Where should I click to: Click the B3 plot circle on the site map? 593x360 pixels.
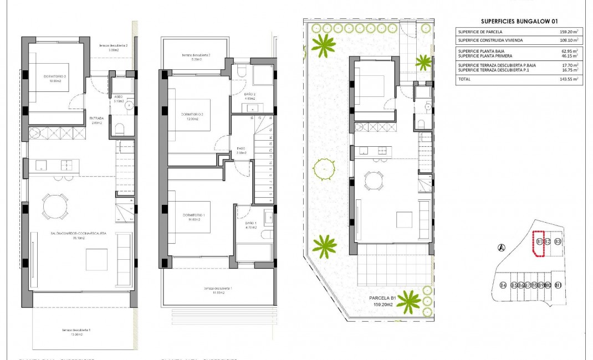[x=558, y=242]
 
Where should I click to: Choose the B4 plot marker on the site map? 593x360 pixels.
[x=503, y=285]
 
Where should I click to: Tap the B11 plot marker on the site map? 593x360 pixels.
[x=558, y=285]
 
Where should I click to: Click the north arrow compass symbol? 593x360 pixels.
[x=502, y=248]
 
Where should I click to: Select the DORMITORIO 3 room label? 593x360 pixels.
[x=55, y=76]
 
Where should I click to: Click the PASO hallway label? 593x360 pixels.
[x=241, y=148]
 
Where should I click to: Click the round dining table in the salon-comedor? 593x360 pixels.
[x=55, y=207]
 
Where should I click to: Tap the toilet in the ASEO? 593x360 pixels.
[x=120, y=129]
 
